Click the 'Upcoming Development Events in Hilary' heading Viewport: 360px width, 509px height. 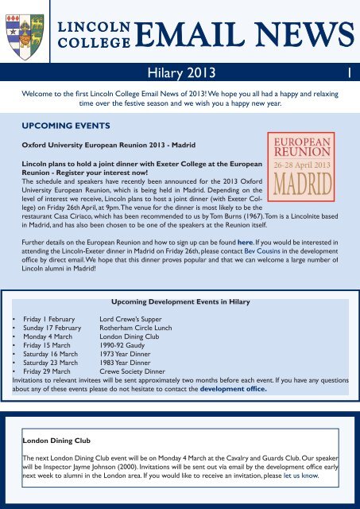(180, 303)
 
